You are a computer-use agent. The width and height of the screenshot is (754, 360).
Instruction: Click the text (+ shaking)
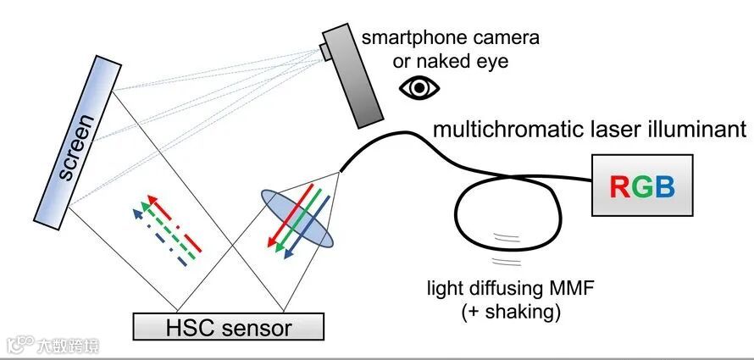512,311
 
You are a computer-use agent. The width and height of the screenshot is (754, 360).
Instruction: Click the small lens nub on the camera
326,51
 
